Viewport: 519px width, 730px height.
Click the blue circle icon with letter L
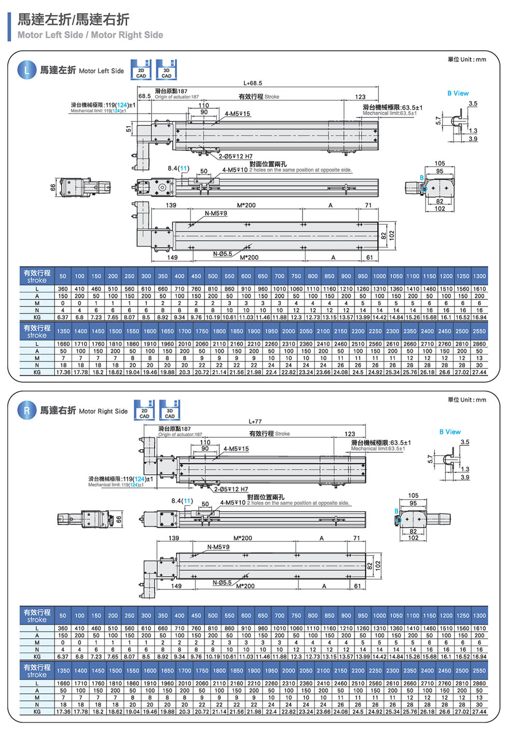tap(27, 70)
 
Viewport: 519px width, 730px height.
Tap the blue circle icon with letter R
tap(27, 410)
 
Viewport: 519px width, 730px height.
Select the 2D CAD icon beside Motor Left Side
tap(141, 70)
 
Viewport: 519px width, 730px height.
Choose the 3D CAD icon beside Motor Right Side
tap(169, 410)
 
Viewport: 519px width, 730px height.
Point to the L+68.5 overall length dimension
tap(253, 83)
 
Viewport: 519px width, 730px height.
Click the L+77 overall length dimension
tap(255, 421)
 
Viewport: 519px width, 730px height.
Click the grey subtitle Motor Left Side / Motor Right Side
tap(90, 35)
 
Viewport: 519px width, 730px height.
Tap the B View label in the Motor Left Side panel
tap(458, 93)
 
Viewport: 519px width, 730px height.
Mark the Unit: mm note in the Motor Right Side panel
tap(467, 400)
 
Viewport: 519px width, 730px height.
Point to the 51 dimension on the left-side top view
tap(129, 129)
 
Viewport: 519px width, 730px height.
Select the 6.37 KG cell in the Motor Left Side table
tap(63, 317)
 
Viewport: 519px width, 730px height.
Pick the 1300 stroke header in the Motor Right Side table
tap(479, 616)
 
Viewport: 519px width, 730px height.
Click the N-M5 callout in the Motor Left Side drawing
tap(215, 213)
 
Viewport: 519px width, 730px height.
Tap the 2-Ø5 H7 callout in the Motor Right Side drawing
tap(231, 489)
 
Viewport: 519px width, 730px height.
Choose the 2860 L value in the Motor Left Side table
tap(479, 344)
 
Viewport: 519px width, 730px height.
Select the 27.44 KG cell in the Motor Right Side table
tap(479, 712)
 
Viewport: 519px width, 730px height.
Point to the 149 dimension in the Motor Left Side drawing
tap(172, 257)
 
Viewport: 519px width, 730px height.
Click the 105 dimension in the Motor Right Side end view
tap(413, 495)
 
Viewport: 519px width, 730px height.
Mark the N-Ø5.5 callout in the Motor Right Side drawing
tap(222, 583)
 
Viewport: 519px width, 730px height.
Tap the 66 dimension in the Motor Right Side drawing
tap(119, 519)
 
